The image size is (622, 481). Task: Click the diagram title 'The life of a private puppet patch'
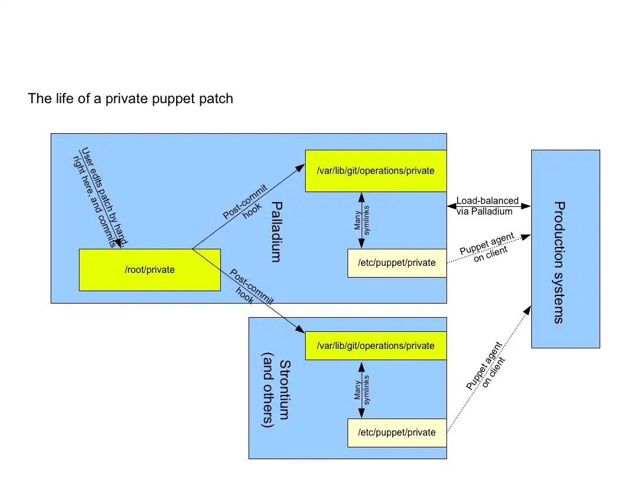[130, 98]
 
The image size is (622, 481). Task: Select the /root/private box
[150, 270]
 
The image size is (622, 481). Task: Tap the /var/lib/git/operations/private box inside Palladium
[375, 171]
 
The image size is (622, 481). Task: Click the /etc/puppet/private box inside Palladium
[397, 263]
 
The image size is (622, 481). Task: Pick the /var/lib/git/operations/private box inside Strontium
[375, 345]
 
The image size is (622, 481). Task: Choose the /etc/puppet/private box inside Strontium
[397, 433]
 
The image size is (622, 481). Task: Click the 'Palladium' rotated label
[277, 231]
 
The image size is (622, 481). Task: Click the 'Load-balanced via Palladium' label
[487, 206]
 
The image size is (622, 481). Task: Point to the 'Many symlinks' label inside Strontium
[361, 389]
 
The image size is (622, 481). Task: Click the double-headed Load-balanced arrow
[489, 206]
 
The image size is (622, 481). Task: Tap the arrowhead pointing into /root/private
[118, 244]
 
